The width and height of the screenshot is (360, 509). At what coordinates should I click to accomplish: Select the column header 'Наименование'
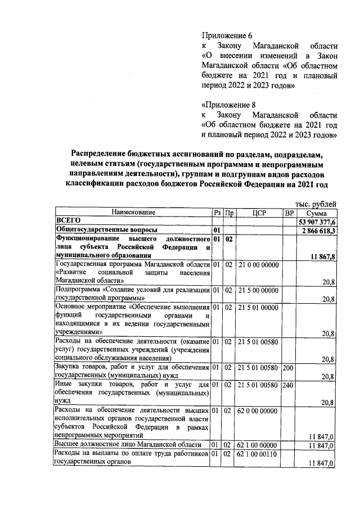pos(133,213)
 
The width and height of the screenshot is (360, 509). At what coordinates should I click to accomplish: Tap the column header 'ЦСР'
pos(259,213)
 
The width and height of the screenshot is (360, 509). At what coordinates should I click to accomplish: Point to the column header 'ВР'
pos(289,213)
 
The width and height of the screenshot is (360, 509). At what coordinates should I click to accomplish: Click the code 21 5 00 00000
pos(258,290)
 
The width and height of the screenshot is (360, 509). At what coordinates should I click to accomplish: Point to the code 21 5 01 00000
pos(258,307)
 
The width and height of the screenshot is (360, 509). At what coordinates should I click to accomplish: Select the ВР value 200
pos(289,367)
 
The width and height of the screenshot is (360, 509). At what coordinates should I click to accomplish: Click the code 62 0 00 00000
pos(258,411)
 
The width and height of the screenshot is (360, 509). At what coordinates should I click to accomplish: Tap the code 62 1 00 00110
pos(258,453)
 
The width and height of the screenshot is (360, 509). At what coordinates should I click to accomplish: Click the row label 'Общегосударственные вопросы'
pos(105,230)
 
